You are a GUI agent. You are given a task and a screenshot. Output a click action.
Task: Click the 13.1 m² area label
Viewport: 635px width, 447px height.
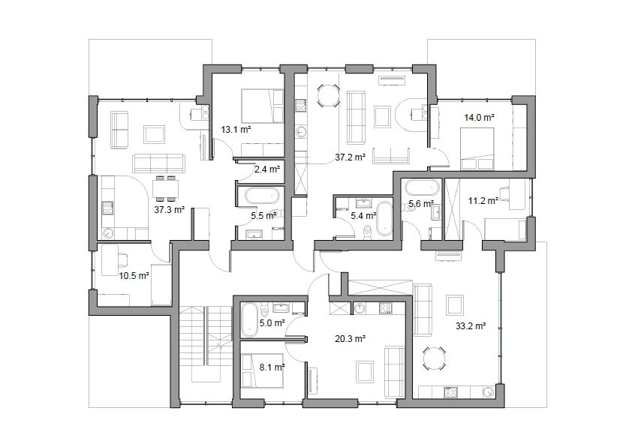click(236, 130)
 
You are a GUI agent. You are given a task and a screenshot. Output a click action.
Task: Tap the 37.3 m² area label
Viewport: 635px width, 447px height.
click(170, 209)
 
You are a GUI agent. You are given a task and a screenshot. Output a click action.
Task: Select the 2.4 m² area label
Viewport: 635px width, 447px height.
click(267, 169)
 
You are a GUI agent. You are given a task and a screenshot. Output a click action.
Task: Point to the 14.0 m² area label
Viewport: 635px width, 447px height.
click(479, 118)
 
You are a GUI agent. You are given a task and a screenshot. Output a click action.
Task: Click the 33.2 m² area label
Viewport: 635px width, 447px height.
click(471, 326)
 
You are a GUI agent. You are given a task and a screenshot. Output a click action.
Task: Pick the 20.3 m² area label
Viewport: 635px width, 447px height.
click(351, 339)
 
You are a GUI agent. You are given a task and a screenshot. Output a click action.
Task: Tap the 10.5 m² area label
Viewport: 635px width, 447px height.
click(134, 276)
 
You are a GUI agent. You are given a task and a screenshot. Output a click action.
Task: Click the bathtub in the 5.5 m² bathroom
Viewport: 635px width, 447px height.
click(263, 196)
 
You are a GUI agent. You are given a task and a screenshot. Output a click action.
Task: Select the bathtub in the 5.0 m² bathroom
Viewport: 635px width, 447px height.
click(249, 320)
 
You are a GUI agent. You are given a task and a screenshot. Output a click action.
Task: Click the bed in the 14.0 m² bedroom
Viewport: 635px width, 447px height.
click(477, 148)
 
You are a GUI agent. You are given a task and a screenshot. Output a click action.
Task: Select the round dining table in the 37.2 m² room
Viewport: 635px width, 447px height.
click(328, 95)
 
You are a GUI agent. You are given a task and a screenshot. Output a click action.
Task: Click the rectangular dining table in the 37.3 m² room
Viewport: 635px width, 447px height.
click(165, 188)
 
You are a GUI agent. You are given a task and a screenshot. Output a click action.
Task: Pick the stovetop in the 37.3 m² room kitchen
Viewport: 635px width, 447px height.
click(108, 208)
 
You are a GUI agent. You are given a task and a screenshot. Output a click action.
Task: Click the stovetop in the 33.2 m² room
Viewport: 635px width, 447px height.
click(451, 392)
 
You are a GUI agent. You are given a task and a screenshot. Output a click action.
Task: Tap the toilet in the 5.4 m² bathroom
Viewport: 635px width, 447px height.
click(368, 232)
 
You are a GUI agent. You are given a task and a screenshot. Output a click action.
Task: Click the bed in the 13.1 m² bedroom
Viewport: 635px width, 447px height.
click(263, 106)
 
